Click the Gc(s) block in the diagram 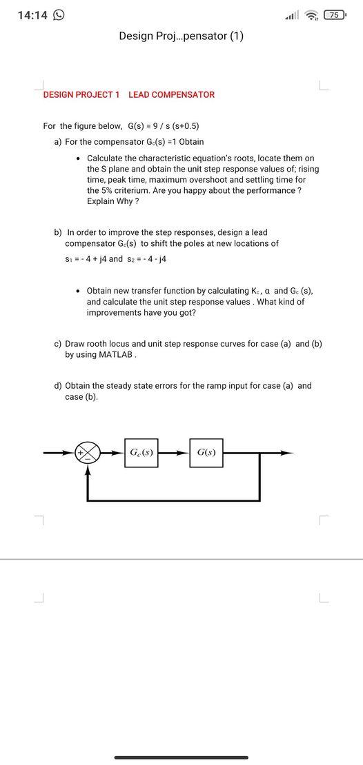pos(141,453)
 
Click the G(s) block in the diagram pos(206,453)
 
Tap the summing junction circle pos(88,453)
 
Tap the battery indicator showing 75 pos(334,15)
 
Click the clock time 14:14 pos(31,15)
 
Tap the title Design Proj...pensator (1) pos(181,36)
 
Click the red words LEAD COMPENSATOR pos(171,94)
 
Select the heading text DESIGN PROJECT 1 pos(81,94)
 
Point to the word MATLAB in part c pos(117,355)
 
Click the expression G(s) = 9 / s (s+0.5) pos(164,126)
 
